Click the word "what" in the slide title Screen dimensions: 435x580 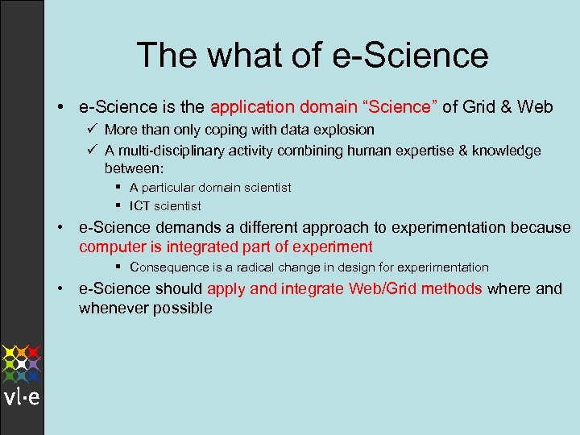click(234, 56)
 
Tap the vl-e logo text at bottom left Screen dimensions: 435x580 click(22, 399)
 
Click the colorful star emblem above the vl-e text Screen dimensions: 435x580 click(22, 363)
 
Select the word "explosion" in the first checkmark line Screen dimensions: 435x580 click(344, 129)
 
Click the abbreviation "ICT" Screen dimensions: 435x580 click(139, 205)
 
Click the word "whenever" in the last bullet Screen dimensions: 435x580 click(112, 308)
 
